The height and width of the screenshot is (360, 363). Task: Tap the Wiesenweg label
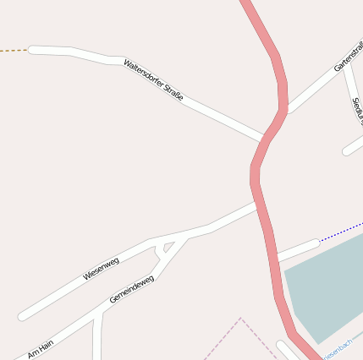(101, 269)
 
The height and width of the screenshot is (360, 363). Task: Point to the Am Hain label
(40, 348)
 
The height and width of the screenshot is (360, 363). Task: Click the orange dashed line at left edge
(14, 51)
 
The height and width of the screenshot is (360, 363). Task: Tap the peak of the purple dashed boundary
(240, 319)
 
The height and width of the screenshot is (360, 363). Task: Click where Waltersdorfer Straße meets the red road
(265, 139)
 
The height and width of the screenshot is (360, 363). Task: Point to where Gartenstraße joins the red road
(285, 110)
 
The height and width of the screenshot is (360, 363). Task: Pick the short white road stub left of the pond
(298, 249)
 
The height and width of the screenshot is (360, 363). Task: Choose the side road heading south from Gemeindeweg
(98, 338)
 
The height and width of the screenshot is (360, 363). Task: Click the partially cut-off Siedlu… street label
(356, 109)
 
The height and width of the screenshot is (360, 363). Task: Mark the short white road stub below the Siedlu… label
(353, 147)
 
